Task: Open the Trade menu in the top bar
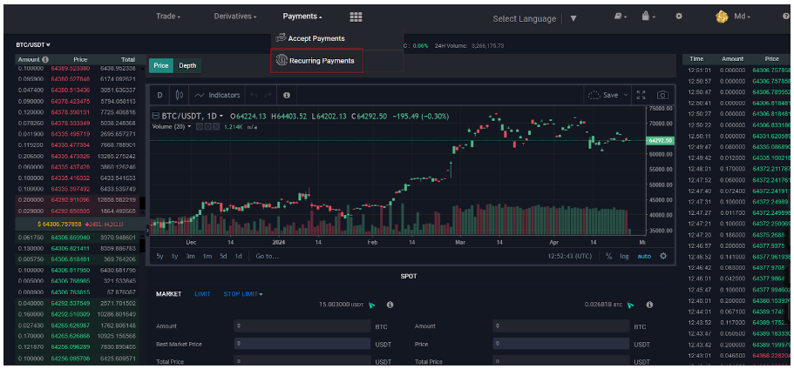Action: [x=168, y=17]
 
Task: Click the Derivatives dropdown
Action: [x=234, y=17]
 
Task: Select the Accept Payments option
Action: [x=316, y=38]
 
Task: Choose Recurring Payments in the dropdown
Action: [x=316, y=61]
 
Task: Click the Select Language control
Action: [x=525, y=18]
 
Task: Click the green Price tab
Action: [x=160, y=65]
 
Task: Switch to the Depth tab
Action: [x=187, y=65]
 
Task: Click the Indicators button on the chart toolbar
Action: [x=217, y=95]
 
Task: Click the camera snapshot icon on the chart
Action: [x=662, y=95]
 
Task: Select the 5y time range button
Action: [x=159, y=256]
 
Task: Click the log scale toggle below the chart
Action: [x=624, y=256]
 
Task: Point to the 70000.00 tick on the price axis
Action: [x=661, y=109]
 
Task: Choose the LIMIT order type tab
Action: [x=202, y=294]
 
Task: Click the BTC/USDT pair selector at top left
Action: [x=33, y=44]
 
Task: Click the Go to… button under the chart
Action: [x=267, y=256]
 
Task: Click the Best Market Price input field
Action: [x=301, y=345]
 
